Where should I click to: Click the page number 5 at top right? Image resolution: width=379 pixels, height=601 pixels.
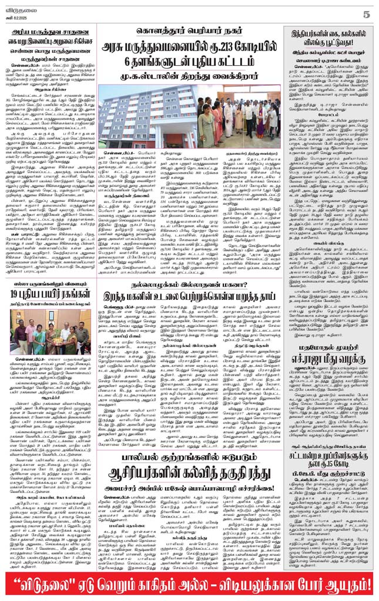pyautogui.click(x=365, y=13)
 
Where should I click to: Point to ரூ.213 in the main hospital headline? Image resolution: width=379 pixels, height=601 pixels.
pyautogui.click(x=240, y=49)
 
